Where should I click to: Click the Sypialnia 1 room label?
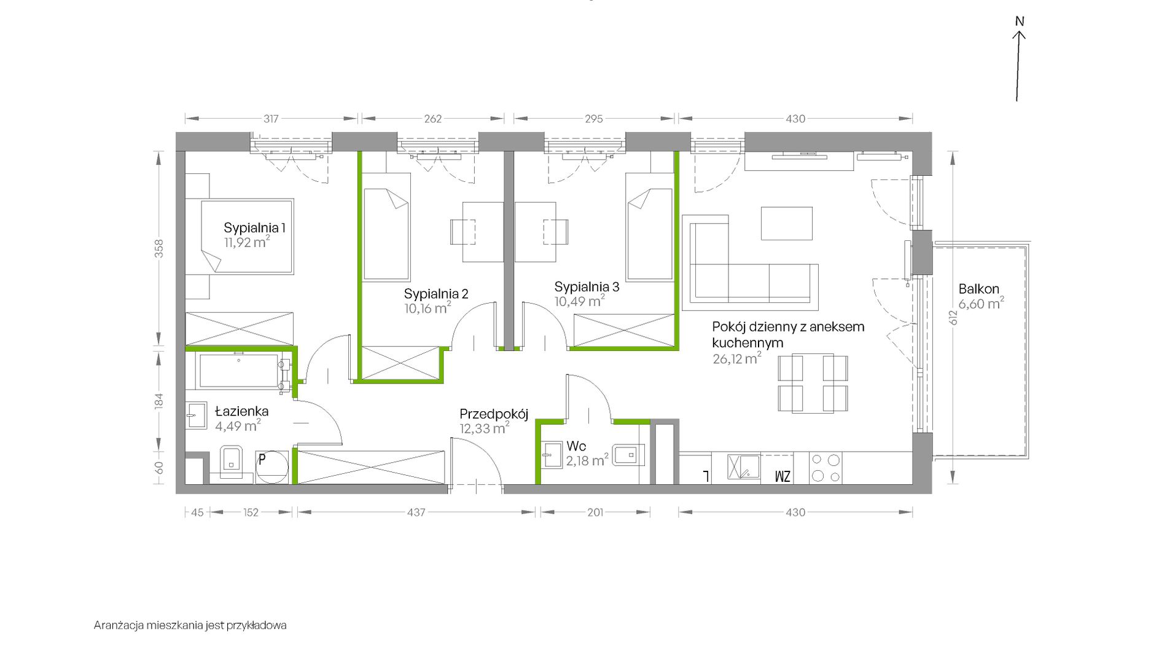coord(254,228)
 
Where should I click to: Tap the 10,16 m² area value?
coord(427,308)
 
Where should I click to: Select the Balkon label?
coord(979,289)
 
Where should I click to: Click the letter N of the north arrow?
coord(1020,22)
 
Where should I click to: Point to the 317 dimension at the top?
coord(271,119)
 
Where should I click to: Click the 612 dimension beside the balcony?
coord(953,317)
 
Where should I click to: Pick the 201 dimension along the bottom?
coord(595,512)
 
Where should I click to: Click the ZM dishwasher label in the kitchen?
coord(783,476)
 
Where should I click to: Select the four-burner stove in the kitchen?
coord(825,468)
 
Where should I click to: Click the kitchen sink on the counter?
coord(744,466)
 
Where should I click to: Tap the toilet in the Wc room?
coord(628,455)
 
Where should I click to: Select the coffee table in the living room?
coord(787,223)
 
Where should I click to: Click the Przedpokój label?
coord(494,414)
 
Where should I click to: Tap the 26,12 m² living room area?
coord(737,359)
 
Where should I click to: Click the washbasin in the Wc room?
coord(552,455)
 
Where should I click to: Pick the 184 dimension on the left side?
coord(159,401)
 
